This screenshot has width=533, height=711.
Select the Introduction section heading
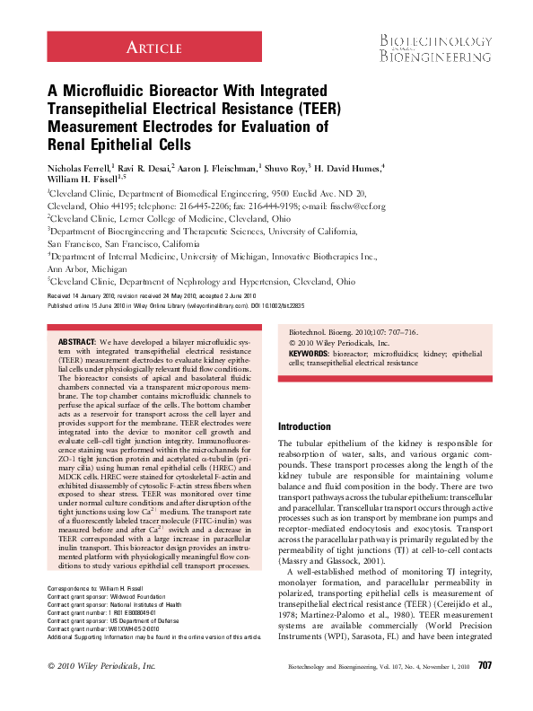click(305, 426)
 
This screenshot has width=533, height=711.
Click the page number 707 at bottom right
click(485, 689)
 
